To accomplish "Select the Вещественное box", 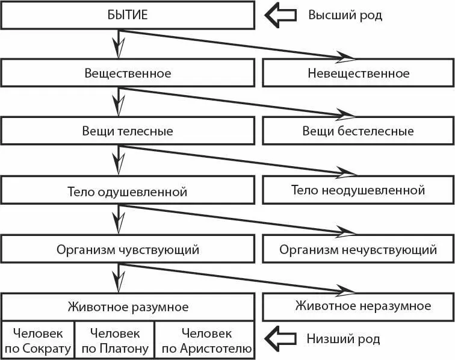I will click(128, 73).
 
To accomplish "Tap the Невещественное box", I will click(358, 73).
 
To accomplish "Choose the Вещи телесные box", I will click(128, 131).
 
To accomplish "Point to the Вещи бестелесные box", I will click(358, 131).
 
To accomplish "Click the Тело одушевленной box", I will click(128, 191).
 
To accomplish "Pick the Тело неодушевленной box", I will click(358, 190).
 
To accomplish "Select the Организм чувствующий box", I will click(128, 249).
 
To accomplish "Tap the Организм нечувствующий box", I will click(358, 249).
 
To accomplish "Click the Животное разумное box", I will click(128, 306).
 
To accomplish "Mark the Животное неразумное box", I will click(358, 306).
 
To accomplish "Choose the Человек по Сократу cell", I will click(37, 340).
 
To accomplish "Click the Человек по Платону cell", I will click(114, 340).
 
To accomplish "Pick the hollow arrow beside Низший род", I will click(282, 339).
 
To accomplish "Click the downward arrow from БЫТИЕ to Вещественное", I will click(119, 43).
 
